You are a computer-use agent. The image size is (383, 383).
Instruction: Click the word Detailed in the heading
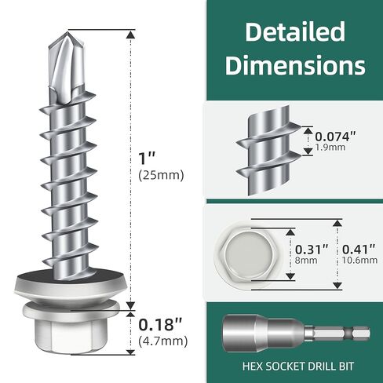[x=294, y=32]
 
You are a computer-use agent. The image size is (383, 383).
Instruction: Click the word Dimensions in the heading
[x=294, y=64]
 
